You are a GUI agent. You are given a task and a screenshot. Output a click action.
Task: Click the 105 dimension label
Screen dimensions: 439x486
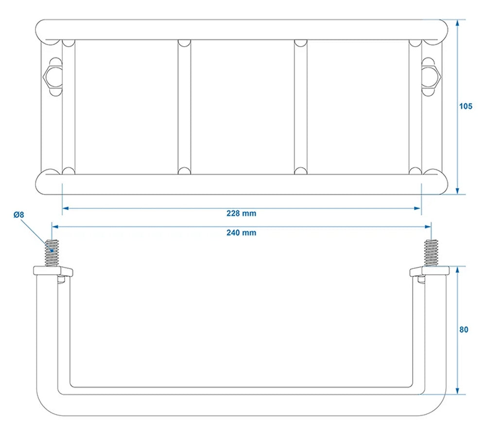[465, 106]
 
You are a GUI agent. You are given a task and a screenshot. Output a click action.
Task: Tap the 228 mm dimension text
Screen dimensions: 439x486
[241, 213]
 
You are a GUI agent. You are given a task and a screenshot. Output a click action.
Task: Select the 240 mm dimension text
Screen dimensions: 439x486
[241, 233]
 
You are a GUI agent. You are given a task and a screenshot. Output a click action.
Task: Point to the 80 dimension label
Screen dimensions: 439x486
[464, 330]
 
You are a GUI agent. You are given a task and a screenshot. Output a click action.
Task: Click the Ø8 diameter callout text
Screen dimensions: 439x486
[18, 214]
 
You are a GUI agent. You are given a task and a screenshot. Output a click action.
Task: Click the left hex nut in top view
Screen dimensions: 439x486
[51, 75]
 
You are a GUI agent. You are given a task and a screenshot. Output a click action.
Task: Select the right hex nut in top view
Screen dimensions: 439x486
[431, 75]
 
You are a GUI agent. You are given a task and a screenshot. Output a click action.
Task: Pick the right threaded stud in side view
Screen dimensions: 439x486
[431, 253]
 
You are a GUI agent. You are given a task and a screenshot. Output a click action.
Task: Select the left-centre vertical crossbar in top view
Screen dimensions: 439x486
[184, 107]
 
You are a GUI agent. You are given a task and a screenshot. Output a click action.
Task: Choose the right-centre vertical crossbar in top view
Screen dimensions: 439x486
[301, 107]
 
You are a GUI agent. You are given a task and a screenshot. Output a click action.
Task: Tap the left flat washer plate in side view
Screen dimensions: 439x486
[52, 270]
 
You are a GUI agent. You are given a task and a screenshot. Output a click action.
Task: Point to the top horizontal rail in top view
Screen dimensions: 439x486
[241, 30]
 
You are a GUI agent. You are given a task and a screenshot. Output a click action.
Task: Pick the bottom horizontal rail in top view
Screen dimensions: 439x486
[241, 184]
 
